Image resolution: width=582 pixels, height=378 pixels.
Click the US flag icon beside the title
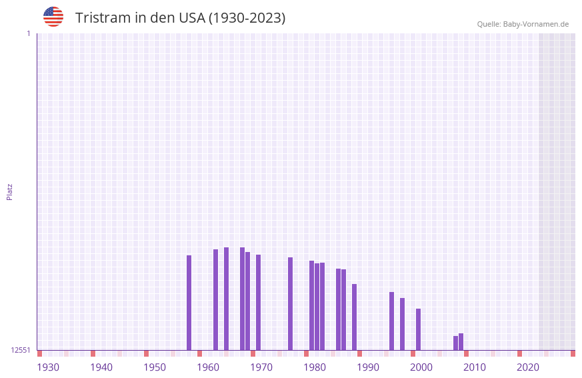53,17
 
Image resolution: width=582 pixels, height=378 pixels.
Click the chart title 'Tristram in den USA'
180,18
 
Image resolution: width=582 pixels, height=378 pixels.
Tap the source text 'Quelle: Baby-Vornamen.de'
523,24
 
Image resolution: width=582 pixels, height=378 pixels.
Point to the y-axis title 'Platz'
9,191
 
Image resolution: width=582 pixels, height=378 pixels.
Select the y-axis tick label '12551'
21,350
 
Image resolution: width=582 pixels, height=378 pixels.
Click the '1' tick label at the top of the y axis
28,33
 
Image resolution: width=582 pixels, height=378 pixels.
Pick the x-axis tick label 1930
48,367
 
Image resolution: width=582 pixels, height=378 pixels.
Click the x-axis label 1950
155,367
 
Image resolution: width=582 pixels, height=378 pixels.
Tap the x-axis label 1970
261,367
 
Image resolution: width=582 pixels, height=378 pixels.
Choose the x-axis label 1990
368,367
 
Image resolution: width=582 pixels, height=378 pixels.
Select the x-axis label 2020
528,367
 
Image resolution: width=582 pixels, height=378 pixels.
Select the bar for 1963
215,299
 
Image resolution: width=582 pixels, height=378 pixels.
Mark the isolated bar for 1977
290,303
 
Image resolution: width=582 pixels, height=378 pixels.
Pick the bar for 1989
354,317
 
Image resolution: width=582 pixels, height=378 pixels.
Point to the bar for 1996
391,321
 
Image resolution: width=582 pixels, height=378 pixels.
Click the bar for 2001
418,329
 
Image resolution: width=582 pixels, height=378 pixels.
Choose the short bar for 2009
461,341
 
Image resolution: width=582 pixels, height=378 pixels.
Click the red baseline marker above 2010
466,353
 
